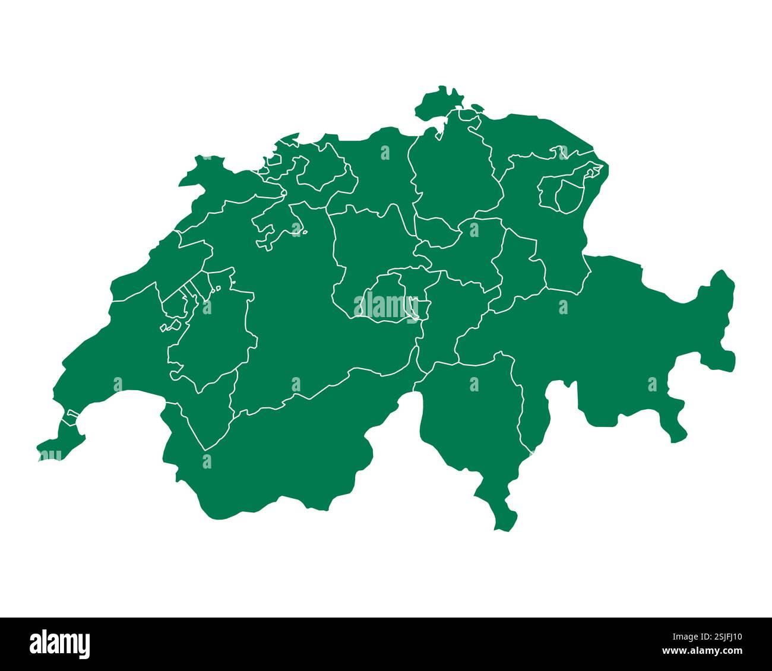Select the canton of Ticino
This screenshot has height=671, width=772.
click(x=469, y=416)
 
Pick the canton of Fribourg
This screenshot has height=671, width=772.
click(x=208, y=344)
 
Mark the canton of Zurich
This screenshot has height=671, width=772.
click(x=451, y=178)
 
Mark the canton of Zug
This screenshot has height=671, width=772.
click(x=436, y=232)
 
